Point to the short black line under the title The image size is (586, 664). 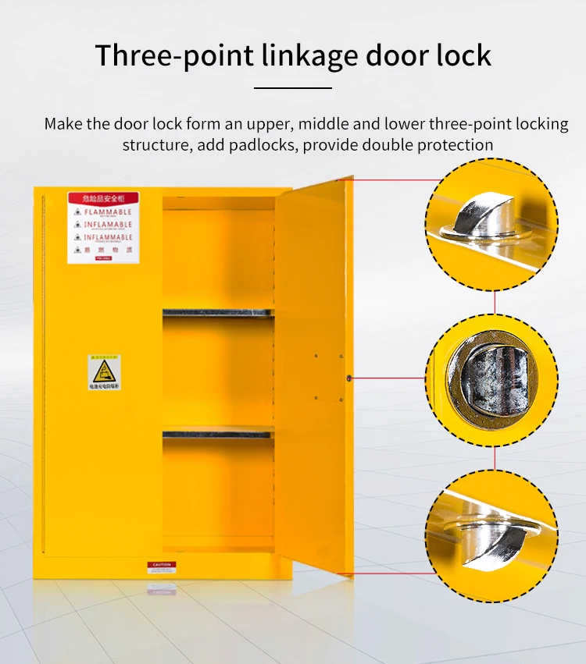click(x=293, y=88)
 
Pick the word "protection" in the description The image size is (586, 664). click(x=456, y=145)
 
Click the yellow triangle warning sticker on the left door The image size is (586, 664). click(x=105, y=373)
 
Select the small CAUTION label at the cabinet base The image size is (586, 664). click(x=161, y=564)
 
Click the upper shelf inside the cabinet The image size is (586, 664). click(x=218, y=313)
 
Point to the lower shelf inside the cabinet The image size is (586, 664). click(x=218, y=431)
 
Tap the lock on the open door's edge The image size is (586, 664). click(x=349, y=378)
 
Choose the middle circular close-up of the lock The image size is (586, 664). click(x=491, y=380)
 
